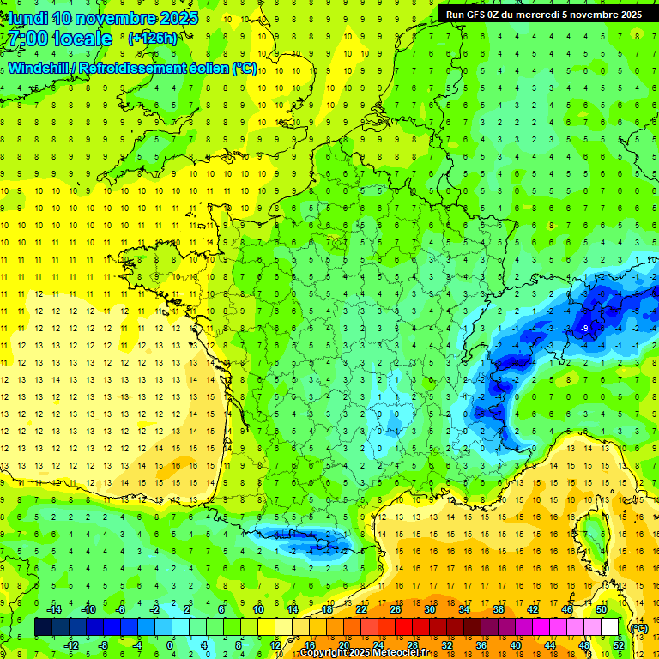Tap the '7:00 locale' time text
pos(59,39)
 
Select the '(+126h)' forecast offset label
pos(152,38)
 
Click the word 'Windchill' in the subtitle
pos(41,68)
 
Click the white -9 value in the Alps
pos(584,329)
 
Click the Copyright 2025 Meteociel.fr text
pos(370,653)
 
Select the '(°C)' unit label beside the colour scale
pos(638,627)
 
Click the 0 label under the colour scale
pos(170,644)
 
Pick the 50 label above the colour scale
pos(602,609)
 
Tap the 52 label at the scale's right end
pos(618,644)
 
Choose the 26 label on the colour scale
pos(396,609)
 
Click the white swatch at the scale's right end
pos(609,627)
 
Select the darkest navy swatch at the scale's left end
pos(43,627)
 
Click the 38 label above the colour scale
pos(499,609)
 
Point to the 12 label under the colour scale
pos(275,644)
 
